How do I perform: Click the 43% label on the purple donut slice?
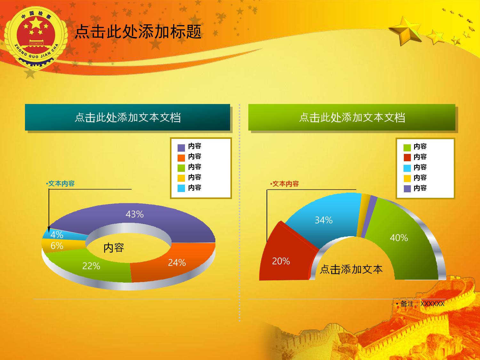(134, 214)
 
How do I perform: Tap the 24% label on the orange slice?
(177, 262)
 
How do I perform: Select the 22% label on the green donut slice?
(91, 266)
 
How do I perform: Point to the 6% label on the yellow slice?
(57, 246)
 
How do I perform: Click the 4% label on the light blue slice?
(57, 235)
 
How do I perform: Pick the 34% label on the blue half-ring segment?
(324, 220)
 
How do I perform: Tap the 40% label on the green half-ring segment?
(399, 238)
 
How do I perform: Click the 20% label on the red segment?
(281, 261)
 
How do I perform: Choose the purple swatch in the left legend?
(181, 148)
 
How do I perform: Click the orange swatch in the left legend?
(181, 158)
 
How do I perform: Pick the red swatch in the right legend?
(407, 157)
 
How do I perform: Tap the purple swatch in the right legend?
(407, 188)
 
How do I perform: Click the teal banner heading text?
(128, 117)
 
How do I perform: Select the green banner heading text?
(352, 117)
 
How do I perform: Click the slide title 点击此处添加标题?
(138, 32)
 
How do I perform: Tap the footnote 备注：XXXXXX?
(420, 304)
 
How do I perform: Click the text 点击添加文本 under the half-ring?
(351, 269)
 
